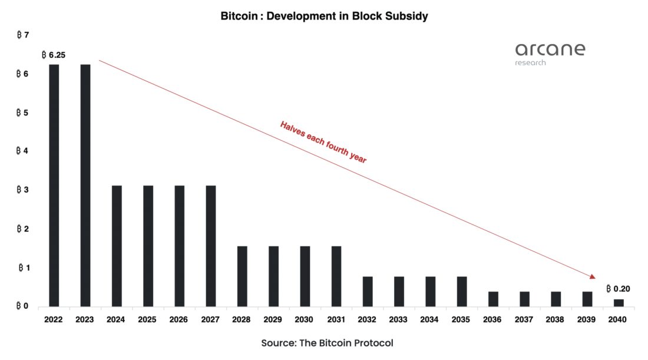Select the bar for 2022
(54, 185)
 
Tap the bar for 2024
(117, 246)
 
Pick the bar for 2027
(211, 246)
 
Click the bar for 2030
(305, 276)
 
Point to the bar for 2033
(399, 291)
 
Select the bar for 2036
(494, 299)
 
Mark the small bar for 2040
(619, 303)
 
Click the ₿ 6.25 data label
(54, 55)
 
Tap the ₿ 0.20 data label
(618, 289)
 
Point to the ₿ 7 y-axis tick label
(23, 36)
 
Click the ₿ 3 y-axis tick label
(23, 190)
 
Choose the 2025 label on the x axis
(148, 320)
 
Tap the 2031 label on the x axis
(336, 320)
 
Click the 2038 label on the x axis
(556, 320)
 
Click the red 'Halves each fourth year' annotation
(323, 142)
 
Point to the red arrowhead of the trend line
(591, 276)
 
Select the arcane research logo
(550, 53)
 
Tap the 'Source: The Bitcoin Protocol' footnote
(326, 343)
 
